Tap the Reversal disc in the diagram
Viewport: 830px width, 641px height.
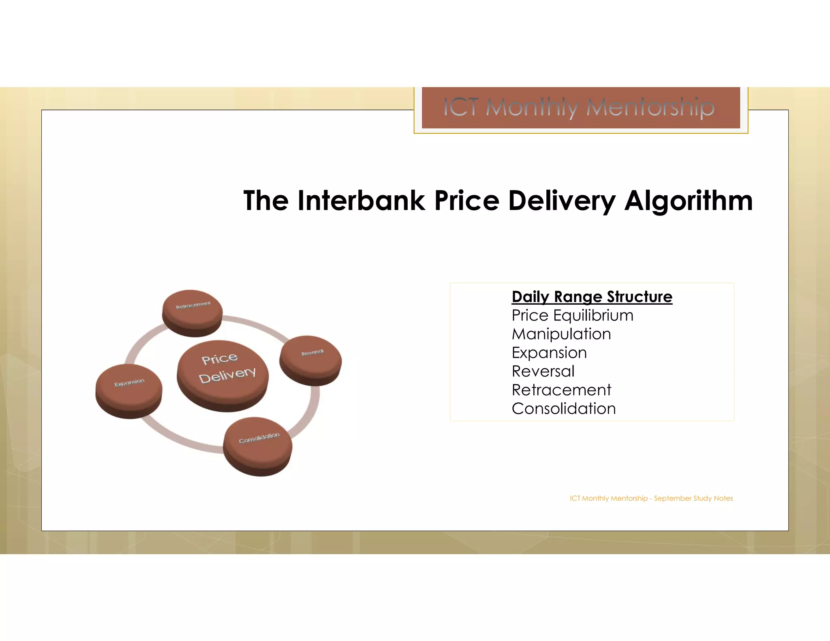click(311, 359)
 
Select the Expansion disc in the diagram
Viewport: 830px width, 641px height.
click(129, 390)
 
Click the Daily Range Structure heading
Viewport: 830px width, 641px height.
click(592, 297)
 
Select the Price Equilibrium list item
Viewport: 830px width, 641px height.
click(572, 315)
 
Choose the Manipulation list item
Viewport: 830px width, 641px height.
click(561, 334)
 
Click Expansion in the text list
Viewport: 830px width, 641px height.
click(549, 353)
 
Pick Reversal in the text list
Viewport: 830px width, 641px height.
click(543, 371)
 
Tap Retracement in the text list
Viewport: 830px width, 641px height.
click(561, 390)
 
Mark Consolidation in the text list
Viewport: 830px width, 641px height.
click(564, 408)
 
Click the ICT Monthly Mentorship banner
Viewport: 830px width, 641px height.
click(580, 108)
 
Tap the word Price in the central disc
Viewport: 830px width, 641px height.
click(219, 359)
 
